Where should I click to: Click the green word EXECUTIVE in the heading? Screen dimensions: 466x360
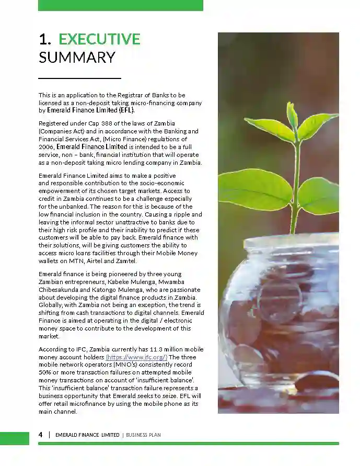tap(99, 39)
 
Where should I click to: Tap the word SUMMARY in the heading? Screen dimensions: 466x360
tap(77, 57)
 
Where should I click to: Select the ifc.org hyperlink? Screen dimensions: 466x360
tap(136, 357)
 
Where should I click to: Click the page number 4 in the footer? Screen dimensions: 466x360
tap(41, 435)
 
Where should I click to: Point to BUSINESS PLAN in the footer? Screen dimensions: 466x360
tap(143, 435)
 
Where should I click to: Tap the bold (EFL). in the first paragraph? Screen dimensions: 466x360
tap(126, 110)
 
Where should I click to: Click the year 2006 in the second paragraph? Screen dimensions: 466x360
tap(46, 147)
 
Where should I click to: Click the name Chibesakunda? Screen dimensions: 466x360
tap(60, 289)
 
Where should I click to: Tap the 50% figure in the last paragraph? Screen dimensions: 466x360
tap(45, 372)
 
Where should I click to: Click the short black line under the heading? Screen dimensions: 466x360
tap(79, 78)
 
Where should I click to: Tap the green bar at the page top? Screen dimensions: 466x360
tap(120, 5)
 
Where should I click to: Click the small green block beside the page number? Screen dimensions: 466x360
tap(15, 438)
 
